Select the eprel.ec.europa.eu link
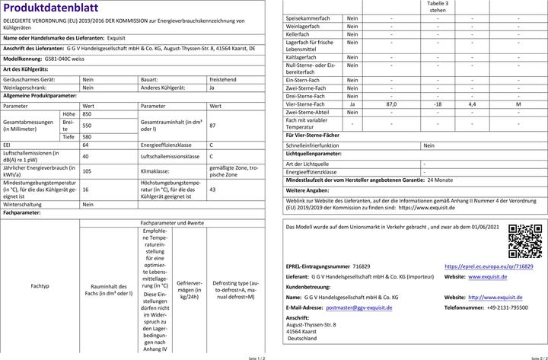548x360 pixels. pyautogui.click(x=489, y=267)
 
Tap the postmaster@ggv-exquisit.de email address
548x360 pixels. pyautogui.click(x=358, y=307)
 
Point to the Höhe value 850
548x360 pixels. pyautogui.click(x=87, y=113)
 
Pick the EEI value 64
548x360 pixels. pyautogui.click(x=85, y=145)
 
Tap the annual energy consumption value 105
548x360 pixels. pyautogui.click(x=87, y=171)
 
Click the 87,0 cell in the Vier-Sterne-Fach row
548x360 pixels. pyautogui.click(x=391, y=104)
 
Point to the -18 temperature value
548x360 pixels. pyautogui.click(x=438, y=104)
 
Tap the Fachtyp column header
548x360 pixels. pyautogui.click(x=40, y=286)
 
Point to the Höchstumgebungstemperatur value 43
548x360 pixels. pyautogui.click(x=212, y=190)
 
